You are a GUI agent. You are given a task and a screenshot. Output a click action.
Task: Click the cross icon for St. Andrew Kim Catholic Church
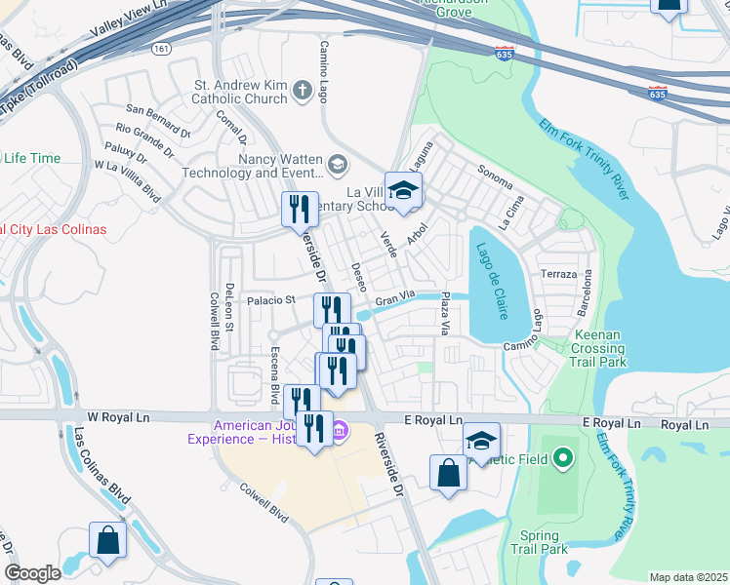302,91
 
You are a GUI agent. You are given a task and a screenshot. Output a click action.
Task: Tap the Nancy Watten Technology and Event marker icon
338,164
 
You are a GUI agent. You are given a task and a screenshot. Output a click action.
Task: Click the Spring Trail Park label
539,542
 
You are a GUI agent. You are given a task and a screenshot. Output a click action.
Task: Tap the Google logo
32,573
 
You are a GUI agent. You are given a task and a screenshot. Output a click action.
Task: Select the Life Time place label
31,158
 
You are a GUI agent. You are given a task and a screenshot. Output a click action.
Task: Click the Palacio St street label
269,301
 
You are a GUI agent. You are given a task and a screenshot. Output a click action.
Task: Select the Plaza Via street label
445,312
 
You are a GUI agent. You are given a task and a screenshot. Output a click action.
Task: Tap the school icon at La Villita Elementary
402,189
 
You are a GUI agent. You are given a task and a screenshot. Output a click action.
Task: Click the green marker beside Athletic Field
562,456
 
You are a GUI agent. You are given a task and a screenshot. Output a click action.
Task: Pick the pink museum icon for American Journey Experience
341,430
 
